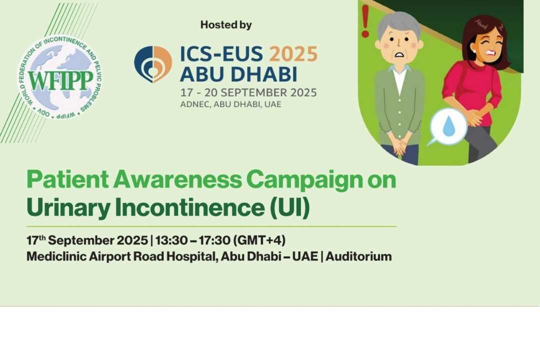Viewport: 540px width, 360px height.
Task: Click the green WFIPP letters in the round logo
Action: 60,81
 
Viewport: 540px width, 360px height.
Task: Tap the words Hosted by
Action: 226,25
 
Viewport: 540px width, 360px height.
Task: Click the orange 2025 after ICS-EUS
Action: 293,54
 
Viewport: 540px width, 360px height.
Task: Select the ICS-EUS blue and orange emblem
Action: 153,64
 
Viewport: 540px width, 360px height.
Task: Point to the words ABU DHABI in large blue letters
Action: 238,74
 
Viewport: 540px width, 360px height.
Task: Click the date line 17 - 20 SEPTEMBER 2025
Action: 248,92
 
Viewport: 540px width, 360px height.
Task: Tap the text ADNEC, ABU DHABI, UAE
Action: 230,104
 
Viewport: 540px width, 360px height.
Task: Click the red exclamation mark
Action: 365,21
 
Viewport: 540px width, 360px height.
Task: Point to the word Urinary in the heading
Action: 68,207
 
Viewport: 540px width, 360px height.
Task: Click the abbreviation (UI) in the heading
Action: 289,207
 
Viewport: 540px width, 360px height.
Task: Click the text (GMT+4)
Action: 259,240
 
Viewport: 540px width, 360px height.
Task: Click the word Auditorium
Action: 358,256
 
